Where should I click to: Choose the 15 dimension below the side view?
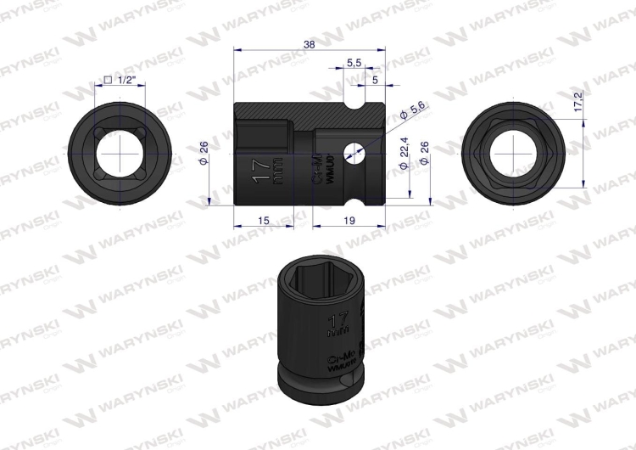(263, 220)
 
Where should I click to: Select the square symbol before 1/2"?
(108, 79)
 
